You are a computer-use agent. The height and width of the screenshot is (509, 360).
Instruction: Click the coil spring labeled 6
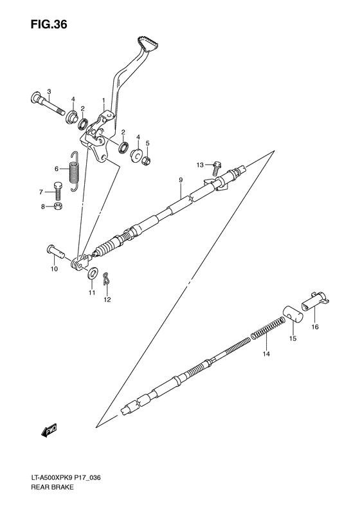tap(75, 170)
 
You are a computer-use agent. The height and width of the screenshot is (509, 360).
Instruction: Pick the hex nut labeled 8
tap(58, 207)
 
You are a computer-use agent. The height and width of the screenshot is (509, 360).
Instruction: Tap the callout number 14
tap(267, 353)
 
